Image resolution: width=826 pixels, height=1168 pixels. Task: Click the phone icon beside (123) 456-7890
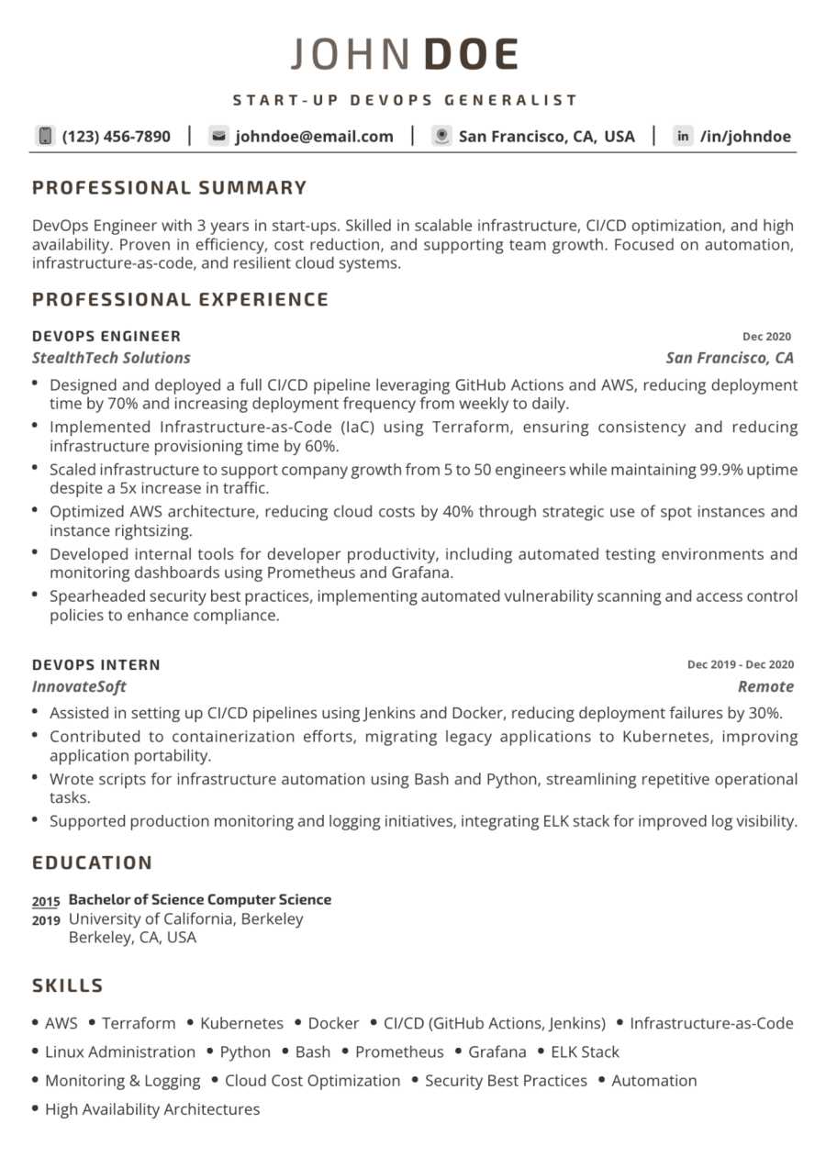click(x=44, y=136)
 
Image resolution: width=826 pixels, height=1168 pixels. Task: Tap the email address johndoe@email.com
click(x=314, y=137)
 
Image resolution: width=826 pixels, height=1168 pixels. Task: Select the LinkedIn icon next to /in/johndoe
click(x=683, y=136)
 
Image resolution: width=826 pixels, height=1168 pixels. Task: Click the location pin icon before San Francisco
click(x=441, y=136)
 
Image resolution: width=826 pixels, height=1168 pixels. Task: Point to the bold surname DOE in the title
click(x=472, y=55)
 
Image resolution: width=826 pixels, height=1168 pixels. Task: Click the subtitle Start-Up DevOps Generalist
click(x=405, y=100)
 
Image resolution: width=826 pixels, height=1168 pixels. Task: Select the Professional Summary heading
click(x=169, y=188)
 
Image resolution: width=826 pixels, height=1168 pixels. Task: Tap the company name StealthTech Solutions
click(x=111, y=358)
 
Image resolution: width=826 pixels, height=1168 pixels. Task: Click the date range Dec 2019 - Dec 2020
click(x=740, y=664)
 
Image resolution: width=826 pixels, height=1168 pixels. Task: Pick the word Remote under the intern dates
click(x=765, y=686)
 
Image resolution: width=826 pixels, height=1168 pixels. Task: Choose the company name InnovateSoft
click(x=79, y=686)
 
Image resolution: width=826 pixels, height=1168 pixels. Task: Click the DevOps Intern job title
click(x=95, y=664)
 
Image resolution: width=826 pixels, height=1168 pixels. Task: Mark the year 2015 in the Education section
click(x=46, y=902)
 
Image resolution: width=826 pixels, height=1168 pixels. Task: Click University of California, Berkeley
click(x=185, y=918)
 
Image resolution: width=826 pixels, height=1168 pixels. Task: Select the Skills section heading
click(x=67, y=985)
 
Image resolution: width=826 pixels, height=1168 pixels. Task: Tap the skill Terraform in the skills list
click(x=139, y=1023)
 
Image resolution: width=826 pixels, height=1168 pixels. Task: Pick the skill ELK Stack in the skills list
click(x=585, y=1051)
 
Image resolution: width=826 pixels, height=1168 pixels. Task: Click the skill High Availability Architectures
click(x=152, y=1109)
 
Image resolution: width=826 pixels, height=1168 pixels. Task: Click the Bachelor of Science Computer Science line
click(x=200, y=899)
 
